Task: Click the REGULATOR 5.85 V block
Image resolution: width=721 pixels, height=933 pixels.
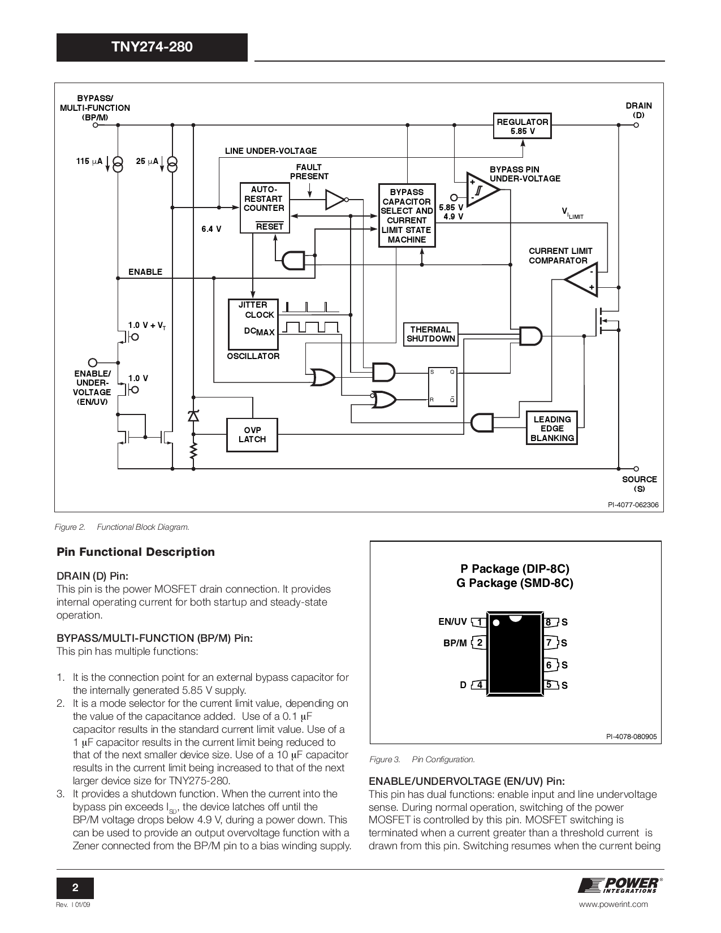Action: pyautogui.click(x=522, y=126)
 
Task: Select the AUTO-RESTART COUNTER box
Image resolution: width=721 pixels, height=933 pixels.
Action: pyautogui.click(x=264, y=207)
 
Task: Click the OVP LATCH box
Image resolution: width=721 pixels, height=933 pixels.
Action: pyautogui.click(x=252, y=435)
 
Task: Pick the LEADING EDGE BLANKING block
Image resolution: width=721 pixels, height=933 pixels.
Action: pyautogui.click(x=552, y=429)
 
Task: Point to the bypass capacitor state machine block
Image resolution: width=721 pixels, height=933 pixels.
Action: pyautogui.click(x=407, y=215)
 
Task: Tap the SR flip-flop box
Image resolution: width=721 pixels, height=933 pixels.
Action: pyautogui.click(x=442, y=386)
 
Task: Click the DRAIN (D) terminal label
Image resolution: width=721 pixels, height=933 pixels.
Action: pyautogui.click(x=638, y=110)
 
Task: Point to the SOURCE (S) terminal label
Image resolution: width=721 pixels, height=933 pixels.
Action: pyautogui.click(x=639, y=484)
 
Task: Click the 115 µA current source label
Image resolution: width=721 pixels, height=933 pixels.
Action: pyautogui.click(x=89, y=162)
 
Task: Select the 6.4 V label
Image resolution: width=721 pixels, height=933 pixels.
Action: pyautogui.click(x=211, y=230)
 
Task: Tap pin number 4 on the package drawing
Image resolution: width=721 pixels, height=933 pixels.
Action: pyautogui.click(x=480, y=685)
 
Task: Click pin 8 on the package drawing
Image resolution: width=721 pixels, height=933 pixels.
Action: pyautogui.click(x=549, y=623)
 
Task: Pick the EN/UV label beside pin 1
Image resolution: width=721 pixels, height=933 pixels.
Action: pyautogui.click(x=452, y=622)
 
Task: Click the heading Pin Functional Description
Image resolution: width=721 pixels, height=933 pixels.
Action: pyautogui.click(x=136, y=552)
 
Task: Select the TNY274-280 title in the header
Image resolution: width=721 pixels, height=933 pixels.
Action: pyautogui.click(x=152, y=47)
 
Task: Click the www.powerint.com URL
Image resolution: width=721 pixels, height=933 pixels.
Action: pyautogui.click(x=614, y=904)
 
